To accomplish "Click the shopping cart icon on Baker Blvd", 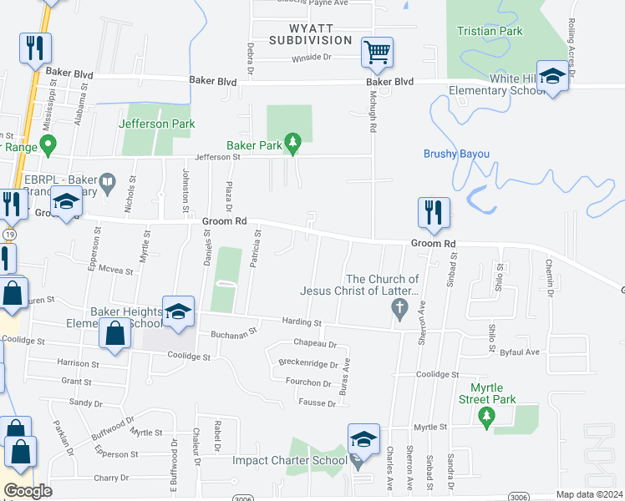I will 377,52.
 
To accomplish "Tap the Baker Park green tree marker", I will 292,145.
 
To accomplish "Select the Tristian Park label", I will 490,32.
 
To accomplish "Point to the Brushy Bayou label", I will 455,154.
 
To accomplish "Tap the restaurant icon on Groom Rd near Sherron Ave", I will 434,213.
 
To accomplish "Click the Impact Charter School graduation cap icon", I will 363,439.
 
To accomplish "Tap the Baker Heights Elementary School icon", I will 177,311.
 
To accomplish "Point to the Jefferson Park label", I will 157,124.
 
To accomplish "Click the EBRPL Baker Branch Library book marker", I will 107,180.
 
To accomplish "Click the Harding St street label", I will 302,321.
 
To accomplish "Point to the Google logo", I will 28,490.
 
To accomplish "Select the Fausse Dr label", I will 318,403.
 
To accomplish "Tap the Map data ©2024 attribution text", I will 589,494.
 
